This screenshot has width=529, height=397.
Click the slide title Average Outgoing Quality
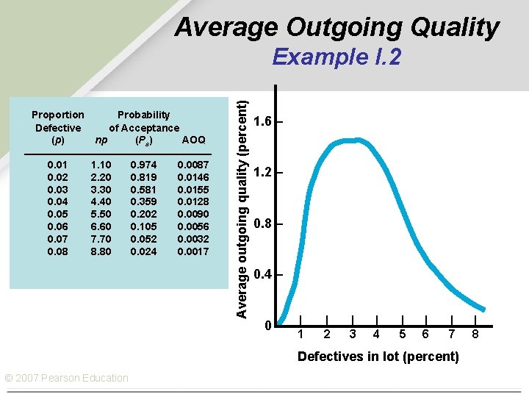[x=337, y=28]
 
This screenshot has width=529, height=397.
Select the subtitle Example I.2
[x=337, y=57]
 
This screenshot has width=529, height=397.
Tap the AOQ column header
[x=193, y=140]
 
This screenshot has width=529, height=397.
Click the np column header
[x=101, y=140]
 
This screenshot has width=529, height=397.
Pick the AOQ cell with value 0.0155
[x=193, y=190]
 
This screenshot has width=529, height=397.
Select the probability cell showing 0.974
[x=143, y=165]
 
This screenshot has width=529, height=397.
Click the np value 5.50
[x=100, y=215]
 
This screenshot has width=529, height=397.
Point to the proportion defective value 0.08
[x=58, y=252]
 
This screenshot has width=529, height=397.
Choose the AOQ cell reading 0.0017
[x=193, y=252]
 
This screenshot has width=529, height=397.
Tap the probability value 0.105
[x=143, y=227]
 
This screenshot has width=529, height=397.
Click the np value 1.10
[x=100, y=165]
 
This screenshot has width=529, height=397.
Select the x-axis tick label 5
[x=402, y=335]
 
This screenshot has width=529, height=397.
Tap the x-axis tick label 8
[x=475, y=335]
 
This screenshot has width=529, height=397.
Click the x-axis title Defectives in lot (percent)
[x=378, y=357]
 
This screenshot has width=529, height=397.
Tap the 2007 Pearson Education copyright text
[x=66, y=378]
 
